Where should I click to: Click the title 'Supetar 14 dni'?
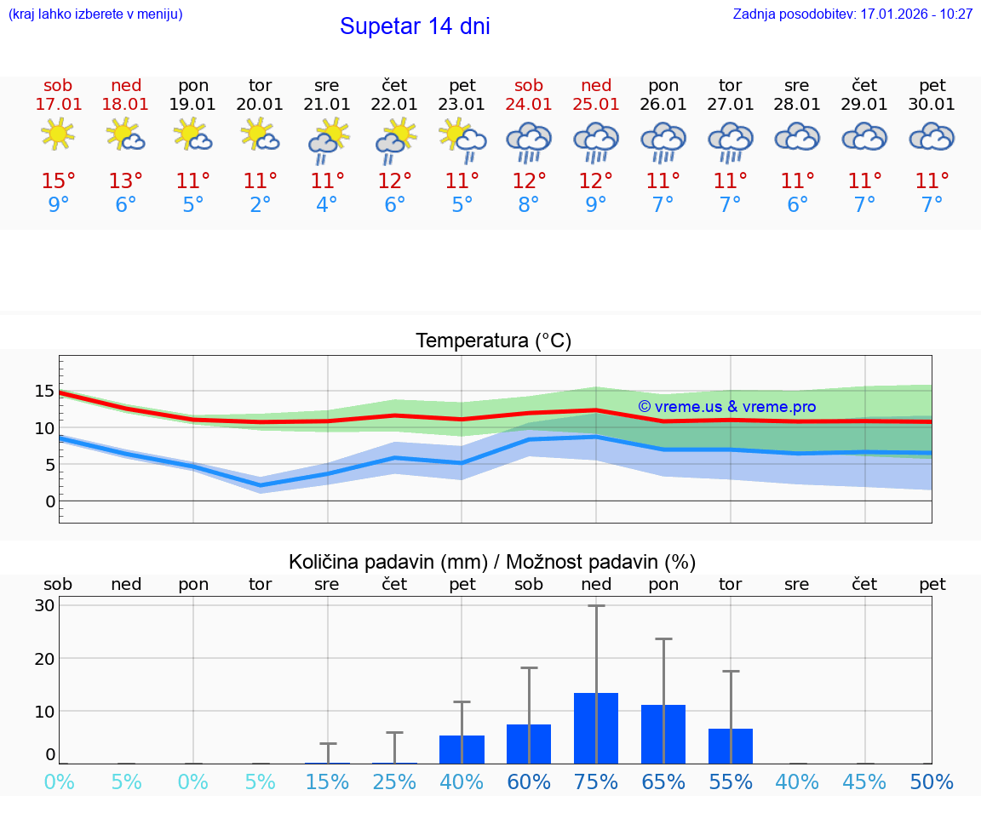pyautogui.click(x=415, y=26)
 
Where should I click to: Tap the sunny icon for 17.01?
pyautogui.click(x=58, y=135)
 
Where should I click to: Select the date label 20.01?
pyautogui.click(x=260, y=105)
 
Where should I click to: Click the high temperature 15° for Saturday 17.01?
pyautogui.click(x=58, y=181)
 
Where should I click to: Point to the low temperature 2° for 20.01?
pyautogui.click(x=260, y=205)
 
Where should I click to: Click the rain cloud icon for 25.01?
pyautogui.click(x=595, y=140)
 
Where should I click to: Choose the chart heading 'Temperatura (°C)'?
pyautogui.click(x=493, y=341)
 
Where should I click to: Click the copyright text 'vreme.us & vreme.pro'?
pyautogui.click(x=726, y=407)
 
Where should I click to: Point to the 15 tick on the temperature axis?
pyautogui.click(x=44, y=392)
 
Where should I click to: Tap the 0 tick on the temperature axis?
pyautogui.click(x=49, y=501)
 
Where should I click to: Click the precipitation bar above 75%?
pyautogui.click(x=596, y=728)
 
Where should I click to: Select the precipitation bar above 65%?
pyautogui.click(x=663, y=734)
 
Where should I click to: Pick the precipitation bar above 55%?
pyautogui.click(x=731, y=746)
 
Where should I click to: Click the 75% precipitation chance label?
pyautogui.click(x=596, y=782)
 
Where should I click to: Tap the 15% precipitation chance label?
pyautogui.click(x=327, y=782)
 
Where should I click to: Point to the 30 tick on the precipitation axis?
pyautogui.click(x=44, y=606)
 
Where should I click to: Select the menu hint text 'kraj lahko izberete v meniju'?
pyautogui.click(x=95, y=14)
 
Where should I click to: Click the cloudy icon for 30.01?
pyautogui.click(x=932, y=136)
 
